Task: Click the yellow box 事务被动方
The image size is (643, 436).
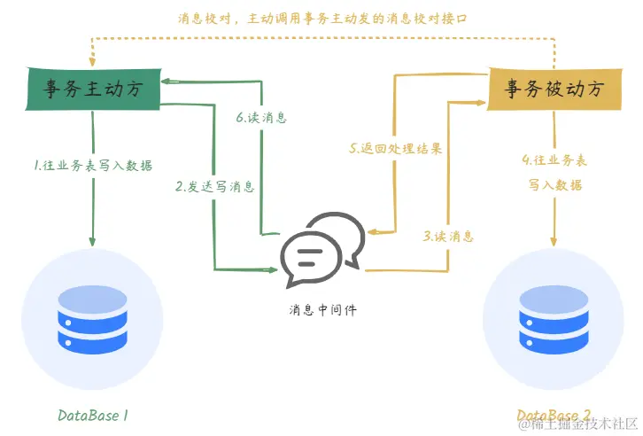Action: tap(554, 90)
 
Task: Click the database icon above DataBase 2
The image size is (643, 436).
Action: tap(554, 316)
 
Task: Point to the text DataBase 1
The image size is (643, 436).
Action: tap(94, 415)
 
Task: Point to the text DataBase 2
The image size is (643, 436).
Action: tap(554, 415)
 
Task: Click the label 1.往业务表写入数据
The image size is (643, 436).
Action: tap(92, 165)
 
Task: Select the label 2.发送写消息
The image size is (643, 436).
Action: tap(215, 186)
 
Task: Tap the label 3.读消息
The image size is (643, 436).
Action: tap(447, 237)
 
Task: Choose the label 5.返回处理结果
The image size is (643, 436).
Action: tap(395, 148)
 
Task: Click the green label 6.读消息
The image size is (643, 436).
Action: tap(261, 117)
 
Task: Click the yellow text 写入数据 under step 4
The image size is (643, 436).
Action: tap(555, 185)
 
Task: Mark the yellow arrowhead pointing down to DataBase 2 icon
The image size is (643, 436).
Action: tap(554, 242)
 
